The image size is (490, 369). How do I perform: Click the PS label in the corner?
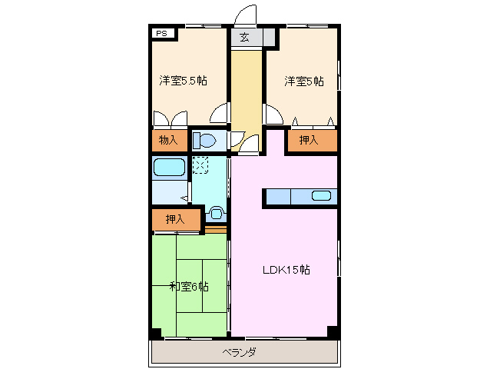(162, 34)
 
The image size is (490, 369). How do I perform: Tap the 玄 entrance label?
(244, 37)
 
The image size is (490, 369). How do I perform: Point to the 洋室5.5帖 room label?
(182, 81)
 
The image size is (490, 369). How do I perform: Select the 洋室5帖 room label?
(303, 81)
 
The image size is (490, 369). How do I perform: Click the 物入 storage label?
(168, 140)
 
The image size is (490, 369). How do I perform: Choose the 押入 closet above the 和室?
(175, 219)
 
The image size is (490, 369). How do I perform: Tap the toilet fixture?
(205, 141)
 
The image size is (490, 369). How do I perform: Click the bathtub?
(169, 168)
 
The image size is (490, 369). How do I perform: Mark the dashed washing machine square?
(200, 165)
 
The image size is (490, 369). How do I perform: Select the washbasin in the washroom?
(217, 212)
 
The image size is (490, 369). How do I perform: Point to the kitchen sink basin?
(322, 195)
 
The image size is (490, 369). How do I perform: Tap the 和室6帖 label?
(189, 287)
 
